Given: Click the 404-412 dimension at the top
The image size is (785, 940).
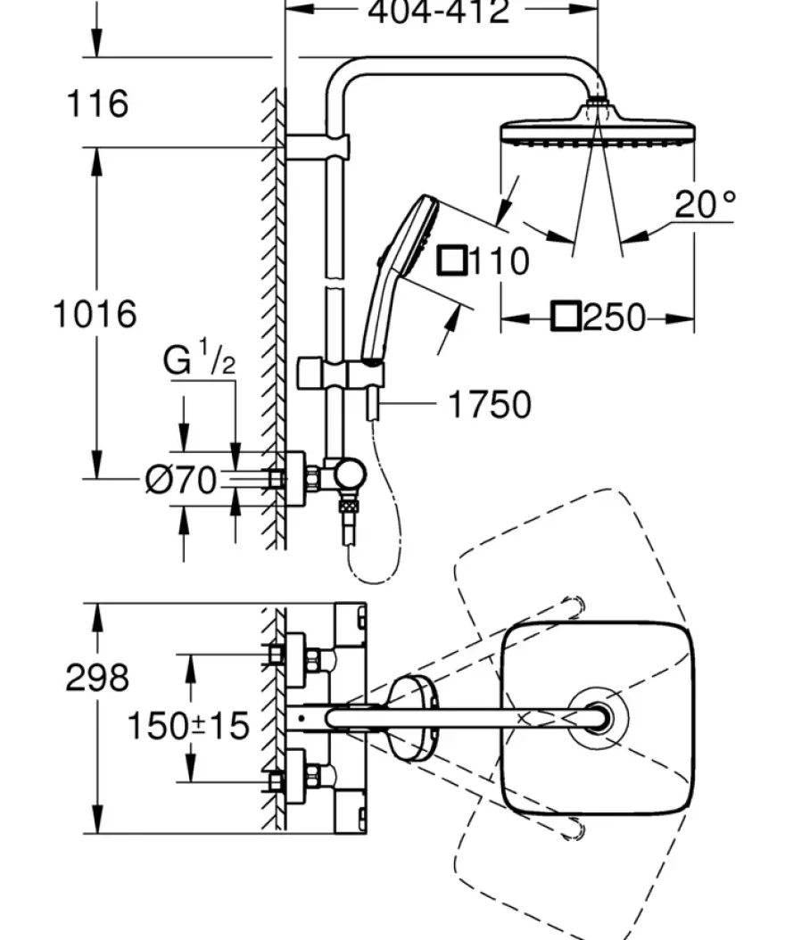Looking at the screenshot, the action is tap(438, 11).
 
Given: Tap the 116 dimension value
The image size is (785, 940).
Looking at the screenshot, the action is tap(97, 103).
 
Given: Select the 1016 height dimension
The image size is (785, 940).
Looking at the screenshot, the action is tap(95, 314).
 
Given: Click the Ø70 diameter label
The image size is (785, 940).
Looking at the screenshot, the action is tap(181, 480).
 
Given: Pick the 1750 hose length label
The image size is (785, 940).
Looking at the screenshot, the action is tap(490, 404).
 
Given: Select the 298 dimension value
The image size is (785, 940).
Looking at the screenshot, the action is tap(97, 678).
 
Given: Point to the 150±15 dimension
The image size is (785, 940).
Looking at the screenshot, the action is tap(188, 725).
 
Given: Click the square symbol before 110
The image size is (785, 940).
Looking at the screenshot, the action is tap(452, 260).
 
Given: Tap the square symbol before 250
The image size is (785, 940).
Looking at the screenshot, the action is tap(566, 317).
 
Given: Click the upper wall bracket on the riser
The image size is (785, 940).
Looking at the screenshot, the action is tap(318, 146).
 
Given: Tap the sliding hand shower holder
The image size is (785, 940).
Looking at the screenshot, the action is tap(341, 374).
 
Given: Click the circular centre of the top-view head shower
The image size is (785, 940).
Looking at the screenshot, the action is tap(598, 718).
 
